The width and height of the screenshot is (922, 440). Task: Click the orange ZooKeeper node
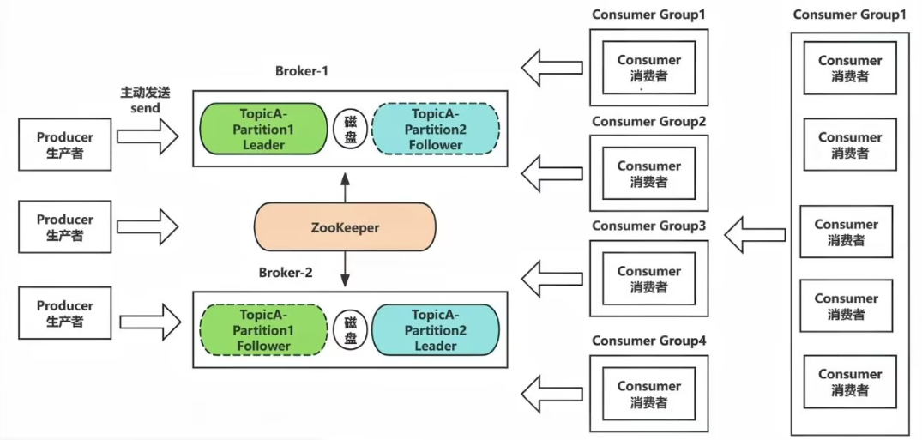point(345,227)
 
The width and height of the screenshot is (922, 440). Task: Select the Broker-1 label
point(301,71)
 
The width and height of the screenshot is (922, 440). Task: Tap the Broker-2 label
point(286,274)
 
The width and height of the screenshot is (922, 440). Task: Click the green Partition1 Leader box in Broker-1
point(263,129)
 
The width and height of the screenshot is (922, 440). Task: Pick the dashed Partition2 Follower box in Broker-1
point(436,129)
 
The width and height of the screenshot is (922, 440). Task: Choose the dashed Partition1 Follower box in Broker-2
point(263,330)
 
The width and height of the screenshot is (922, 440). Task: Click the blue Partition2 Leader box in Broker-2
point(436,330)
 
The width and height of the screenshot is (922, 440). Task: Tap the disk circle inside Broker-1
point(350,129)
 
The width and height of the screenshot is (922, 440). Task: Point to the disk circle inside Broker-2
point(350,330)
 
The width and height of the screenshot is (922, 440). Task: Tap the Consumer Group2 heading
point(648,122)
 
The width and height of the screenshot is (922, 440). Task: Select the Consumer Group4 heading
point(648,341)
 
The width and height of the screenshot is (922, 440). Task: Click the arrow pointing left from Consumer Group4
point(552,395)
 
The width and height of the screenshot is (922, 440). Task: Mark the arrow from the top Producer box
point(148,136)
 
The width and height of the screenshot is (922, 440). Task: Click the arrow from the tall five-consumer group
point(755,235)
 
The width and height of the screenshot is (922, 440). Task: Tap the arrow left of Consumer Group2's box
point(552,173)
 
